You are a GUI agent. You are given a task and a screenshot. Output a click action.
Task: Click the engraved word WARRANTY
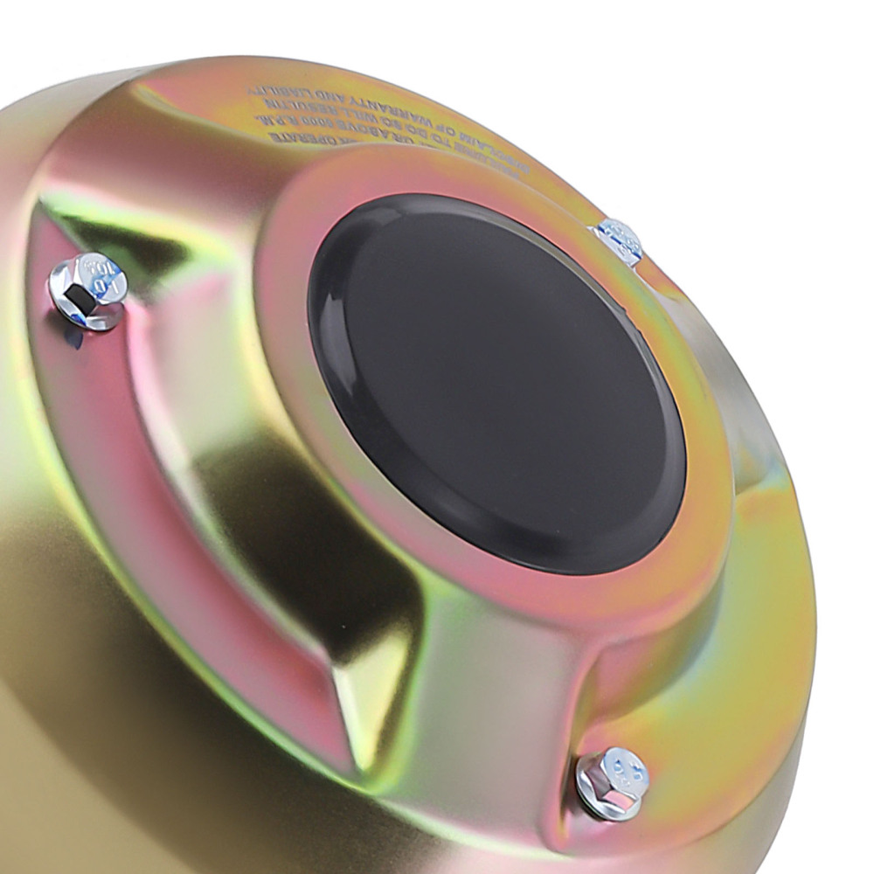tap(390, 110)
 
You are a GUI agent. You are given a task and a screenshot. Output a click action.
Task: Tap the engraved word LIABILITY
tap(280, 92)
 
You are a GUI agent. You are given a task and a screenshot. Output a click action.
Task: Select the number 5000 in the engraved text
tap(318, 124)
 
